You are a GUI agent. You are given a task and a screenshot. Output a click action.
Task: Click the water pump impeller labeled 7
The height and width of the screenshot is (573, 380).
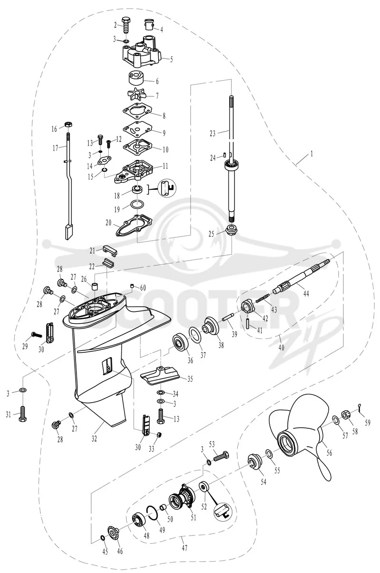point(137,95)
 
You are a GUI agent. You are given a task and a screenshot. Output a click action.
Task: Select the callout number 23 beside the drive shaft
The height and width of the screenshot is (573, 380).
point(212,133)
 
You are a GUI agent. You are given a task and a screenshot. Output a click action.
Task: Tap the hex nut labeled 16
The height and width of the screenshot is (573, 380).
point(67,125)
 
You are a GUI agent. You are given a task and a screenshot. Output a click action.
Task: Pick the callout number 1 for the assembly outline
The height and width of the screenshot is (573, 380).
point(312,153)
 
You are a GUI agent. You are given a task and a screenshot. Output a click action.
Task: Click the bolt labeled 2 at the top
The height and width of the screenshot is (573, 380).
point(126,25)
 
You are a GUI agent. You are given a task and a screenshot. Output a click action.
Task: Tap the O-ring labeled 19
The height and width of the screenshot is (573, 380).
point(137,205)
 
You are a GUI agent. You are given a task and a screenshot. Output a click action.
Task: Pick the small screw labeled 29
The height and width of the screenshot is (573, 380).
point(36,335)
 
